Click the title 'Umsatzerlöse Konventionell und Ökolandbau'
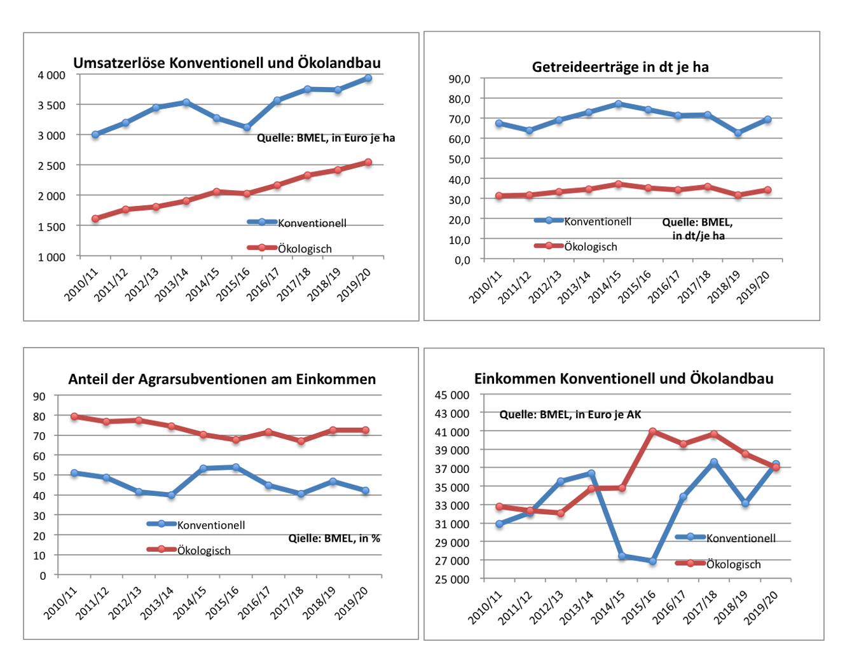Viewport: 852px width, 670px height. point(227,63)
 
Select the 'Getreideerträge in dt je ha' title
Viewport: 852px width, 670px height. point(620,67)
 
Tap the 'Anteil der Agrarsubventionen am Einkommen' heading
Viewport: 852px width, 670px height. point(222,379)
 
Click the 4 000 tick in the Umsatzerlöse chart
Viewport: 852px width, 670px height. point(52,75)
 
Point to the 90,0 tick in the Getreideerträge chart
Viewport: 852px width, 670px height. point(459,79)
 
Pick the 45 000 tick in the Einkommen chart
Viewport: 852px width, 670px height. point(451,395)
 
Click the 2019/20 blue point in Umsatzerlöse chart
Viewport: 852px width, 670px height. point(368,78)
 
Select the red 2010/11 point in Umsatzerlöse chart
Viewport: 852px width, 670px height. point(95,219)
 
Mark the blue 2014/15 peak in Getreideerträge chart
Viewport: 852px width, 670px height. point(619,104)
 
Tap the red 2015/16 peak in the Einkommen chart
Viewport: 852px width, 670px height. point(652,432)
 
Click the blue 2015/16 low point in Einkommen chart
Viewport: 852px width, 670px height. point(652,561)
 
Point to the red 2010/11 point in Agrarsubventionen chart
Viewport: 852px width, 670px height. point(74,416)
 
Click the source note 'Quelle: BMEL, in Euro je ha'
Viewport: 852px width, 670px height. point(326,138)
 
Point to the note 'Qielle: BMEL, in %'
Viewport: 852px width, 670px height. point(334,538)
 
